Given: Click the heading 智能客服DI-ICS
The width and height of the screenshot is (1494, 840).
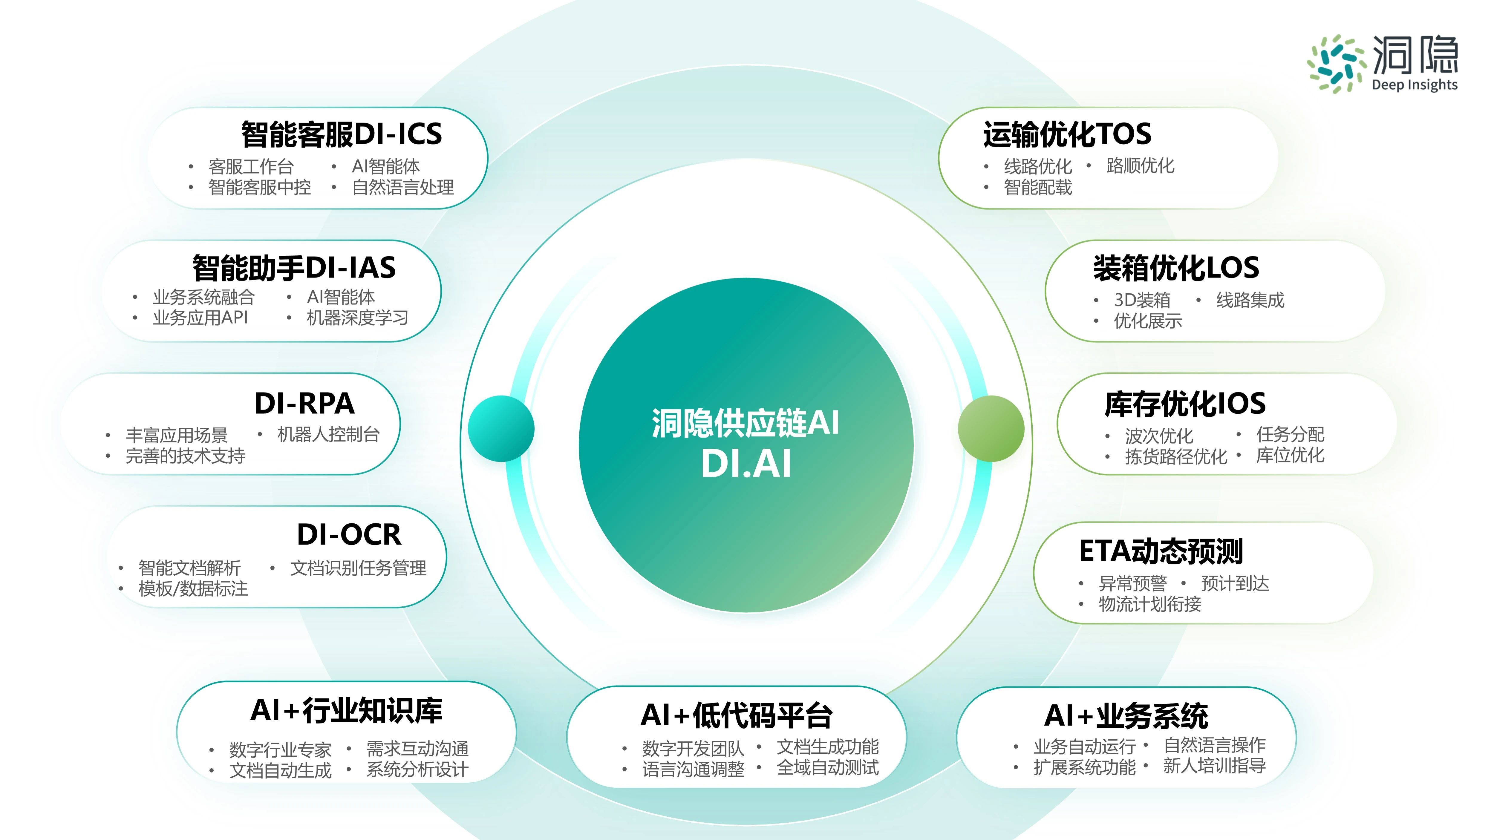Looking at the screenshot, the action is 342,134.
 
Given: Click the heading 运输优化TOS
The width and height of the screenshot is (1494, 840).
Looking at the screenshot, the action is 1067,134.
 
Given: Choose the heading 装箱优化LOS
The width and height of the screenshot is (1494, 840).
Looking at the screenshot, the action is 1176,268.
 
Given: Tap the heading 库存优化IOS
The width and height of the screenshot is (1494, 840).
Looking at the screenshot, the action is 1185,404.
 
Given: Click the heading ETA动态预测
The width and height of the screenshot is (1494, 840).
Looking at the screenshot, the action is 1161,551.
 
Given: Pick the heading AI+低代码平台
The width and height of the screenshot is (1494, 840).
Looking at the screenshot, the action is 737,715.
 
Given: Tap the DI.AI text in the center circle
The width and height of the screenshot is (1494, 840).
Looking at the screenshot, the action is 746,464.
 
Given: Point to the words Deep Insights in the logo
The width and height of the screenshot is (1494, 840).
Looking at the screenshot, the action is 1415,85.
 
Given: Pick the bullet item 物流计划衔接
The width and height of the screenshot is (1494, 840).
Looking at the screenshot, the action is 1150,604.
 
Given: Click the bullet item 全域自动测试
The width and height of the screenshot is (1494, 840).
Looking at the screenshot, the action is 828,767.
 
